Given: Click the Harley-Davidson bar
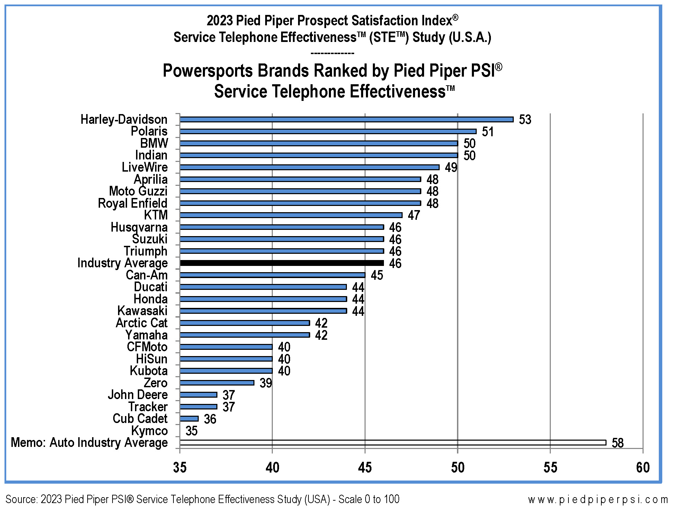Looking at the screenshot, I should point(346,119).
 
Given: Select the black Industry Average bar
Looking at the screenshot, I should point(282,263).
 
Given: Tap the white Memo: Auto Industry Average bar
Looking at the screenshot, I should point(393,442).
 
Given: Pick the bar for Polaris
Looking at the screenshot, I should point(328,131).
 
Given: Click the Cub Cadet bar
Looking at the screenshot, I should point(189,418).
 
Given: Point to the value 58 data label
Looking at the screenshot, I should point(618,443).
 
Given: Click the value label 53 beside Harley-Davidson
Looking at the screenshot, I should point(525,120).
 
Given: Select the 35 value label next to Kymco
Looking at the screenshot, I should point(191,431).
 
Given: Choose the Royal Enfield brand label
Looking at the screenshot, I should point(133,203).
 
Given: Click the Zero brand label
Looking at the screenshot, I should point(155,383).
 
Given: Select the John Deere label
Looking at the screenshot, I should point(137,395).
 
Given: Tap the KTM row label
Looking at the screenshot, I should point(156,215).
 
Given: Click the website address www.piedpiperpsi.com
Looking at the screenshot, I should point(598,499).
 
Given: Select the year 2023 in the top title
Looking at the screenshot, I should point(219,21).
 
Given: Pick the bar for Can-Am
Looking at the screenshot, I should point(272,275).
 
